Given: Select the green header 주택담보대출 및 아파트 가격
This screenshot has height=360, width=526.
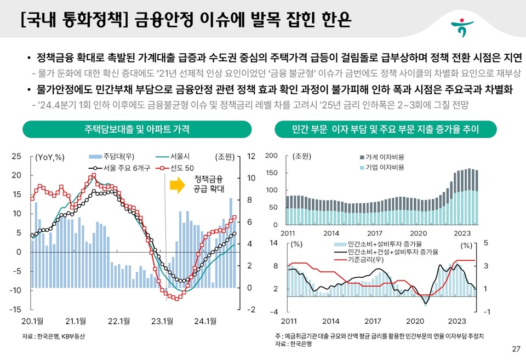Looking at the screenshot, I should (x=137, y=129).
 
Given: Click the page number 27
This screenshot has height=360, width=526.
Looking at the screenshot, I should (x=515, y=349).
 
